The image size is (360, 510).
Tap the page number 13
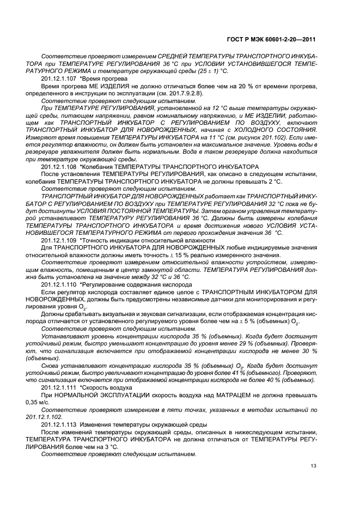point(313,465)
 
